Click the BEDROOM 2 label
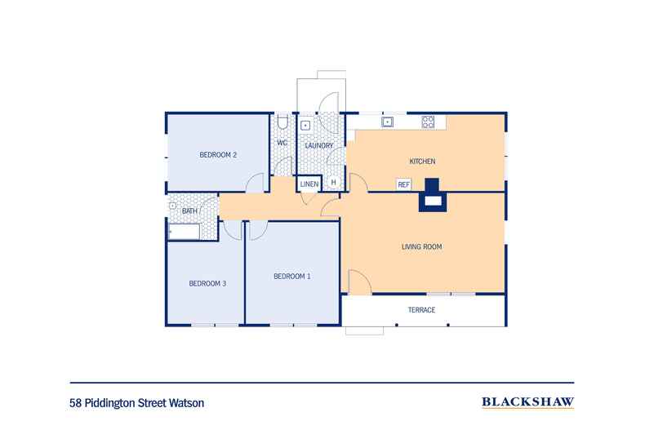tap(218, 155)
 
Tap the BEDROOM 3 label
tap(207, 283)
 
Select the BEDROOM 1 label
tap(291, 277)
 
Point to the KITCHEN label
tap(422, 162)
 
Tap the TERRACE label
tap(421, 310)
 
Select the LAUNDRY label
tap(318, 145)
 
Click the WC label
tap(282, 143)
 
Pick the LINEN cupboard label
tap(309, 184)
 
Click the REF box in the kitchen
tap(403, 184)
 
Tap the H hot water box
tap(333, 183)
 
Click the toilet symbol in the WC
tap(282, 123)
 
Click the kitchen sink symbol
tap(389, 122)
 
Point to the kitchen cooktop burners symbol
tap(428, 122)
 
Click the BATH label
tap(189, 211)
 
